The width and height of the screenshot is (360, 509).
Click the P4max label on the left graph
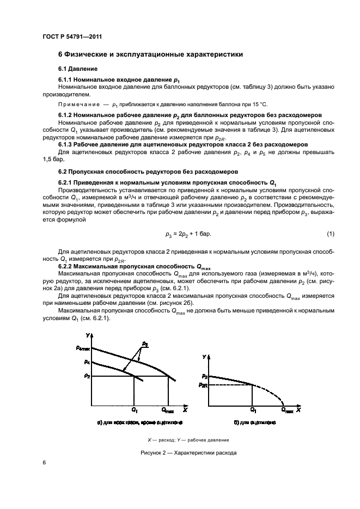[82, 348]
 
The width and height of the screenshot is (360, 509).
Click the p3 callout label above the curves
[145, 344]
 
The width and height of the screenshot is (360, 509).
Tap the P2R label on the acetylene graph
[204, 385]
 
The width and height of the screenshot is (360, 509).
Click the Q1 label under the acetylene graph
[253, 409]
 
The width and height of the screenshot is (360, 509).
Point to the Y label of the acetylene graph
[204, 357]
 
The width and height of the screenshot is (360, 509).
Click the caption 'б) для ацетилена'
[255, 422]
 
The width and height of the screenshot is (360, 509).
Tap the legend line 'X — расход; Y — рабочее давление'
[188, 440]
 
